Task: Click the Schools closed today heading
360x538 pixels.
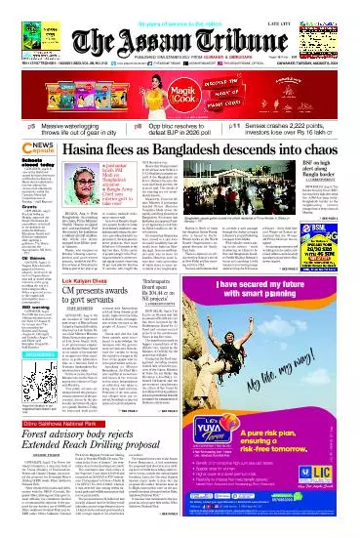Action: point(20,167)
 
